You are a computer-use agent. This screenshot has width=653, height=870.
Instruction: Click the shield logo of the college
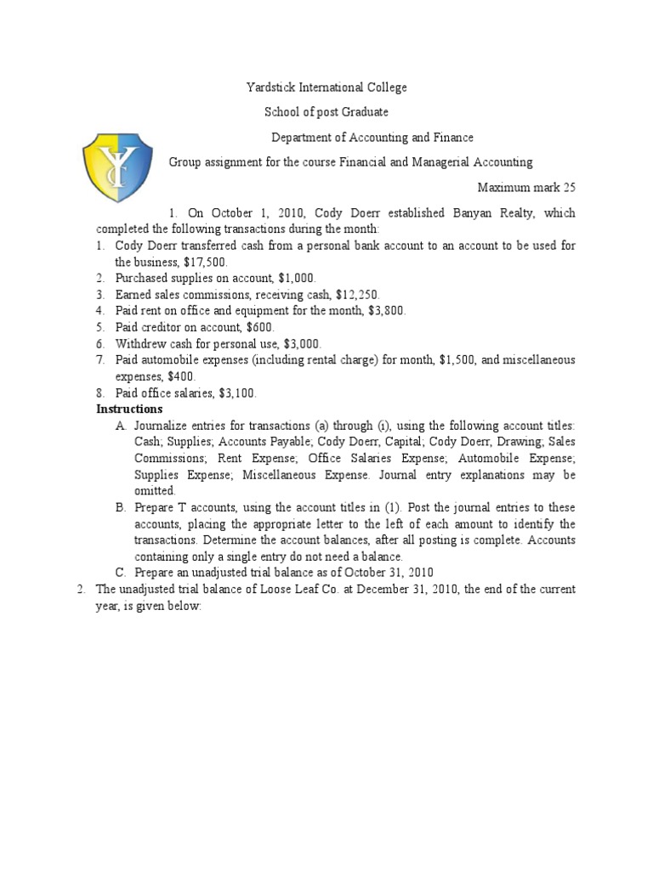point(117,167)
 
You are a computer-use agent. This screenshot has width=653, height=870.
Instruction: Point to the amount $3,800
point(387,310)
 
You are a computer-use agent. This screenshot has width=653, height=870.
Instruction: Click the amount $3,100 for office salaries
point(237,393)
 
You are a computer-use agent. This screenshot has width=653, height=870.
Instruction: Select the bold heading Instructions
point(128,410)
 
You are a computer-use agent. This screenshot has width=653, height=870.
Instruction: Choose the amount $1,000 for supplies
point(297,278)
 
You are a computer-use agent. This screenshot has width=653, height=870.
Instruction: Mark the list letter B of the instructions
point(120,507)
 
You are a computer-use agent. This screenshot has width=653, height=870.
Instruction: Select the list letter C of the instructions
point(120,573)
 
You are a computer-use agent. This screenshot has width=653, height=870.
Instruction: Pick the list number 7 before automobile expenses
point(99,360)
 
